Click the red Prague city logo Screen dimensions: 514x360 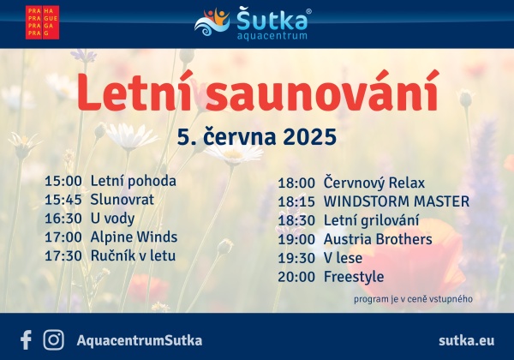(42, 22)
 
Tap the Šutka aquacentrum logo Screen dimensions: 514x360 (253, 23)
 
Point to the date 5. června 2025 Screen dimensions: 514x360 (257, 136)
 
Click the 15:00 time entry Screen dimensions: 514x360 (63, 181)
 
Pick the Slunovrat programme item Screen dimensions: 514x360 (122, 200)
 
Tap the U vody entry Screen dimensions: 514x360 (112, 219)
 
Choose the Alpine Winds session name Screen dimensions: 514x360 (134, 237)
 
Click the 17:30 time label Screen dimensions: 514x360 (63, 255)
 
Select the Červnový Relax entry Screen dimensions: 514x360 (374, 183)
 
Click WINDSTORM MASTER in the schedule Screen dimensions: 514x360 (397, 201)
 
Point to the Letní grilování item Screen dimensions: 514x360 (371, 220)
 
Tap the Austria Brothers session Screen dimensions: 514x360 (378, 239)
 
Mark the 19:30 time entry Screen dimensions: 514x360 (296, 258)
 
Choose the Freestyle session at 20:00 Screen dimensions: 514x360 (354, 277)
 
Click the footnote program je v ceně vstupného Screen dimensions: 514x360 (413, 299)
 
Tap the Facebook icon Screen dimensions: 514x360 (26, 340)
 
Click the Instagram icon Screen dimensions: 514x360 (53, 340)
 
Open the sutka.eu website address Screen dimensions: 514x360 (467, 340)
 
